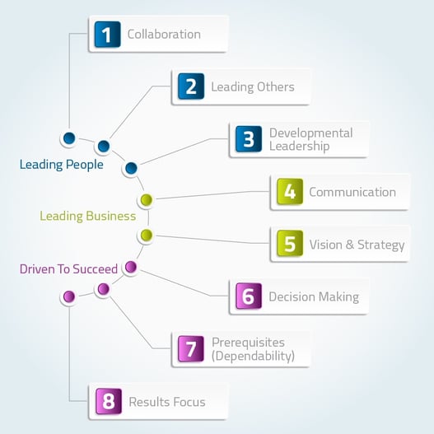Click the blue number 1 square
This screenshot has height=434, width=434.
pos(107,35)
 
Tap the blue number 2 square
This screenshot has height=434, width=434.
pos(191,86)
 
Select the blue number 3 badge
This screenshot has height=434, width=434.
pos(249,139)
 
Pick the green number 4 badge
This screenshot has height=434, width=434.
pos(290,192)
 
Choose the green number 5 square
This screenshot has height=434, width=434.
pos(290,243)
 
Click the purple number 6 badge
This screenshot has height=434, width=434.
pos(249,296)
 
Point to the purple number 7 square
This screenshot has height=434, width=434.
pos(191,348)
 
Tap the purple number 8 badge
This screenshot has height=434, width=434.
pos(109,401)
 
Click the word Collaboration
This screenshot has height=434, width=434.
pos(164,35)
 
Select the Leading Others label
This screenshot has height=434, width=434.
pos(253,87)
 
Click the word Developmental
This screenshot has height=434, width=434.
pos(310,133)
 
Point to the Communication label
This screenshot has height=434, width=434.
pos(352,192)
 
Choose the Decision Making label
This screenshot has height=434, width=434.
pos(314,297)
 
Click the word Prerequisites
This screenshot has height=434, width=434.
pos(248,343)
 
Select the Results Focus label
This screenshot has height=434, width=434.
pos(167,402)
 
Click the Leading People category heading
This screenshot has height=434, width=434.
pos(62,165)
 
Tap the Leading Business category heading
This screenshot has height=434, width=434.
pos(88,216)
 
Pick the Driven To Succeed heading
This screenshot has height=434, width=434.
pos(68,269)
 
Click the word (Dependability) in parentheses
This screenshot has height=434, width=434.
pos(253,356)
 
